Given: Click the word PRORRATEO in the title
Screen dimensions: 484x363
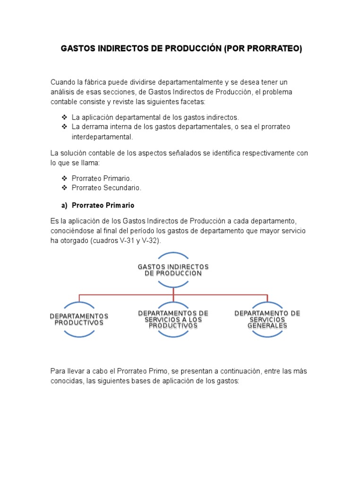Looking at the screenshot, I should point(276,48).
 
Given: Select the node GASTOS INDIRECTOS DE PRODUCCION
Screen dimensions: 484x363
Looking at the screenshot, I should point(173,270).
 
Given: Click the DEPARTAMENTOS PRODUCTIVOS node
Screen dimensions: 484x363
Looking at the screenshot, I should point(79,319).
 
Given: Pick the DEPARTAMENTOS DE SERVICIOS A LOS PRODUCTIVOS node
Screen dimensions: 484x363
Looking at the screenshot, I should point(173,319).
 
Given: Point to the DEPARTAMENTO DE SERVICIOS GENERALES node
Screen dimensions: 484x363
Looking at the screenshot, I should point(268,319).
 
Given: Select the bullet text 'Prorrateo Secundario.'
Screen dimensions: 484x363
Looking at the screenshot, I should point(106,188).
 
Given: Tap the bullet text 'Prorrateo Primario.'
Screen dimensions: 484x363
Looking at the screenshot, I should point(102,178).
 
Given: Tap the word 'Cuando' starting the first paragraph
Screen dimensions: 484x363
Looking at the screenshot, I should point(63,82).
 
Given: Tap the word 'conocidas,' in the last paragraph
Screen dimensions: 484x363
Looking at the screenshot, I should point(67,380).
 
